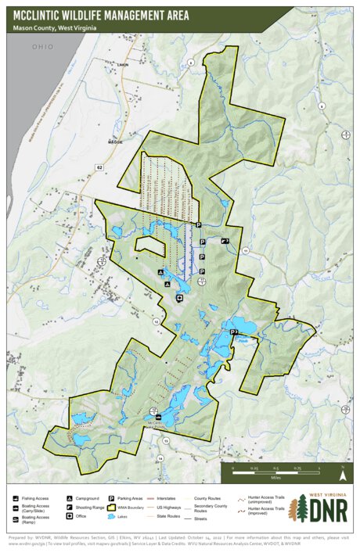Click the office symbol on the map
pos(180,298)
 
